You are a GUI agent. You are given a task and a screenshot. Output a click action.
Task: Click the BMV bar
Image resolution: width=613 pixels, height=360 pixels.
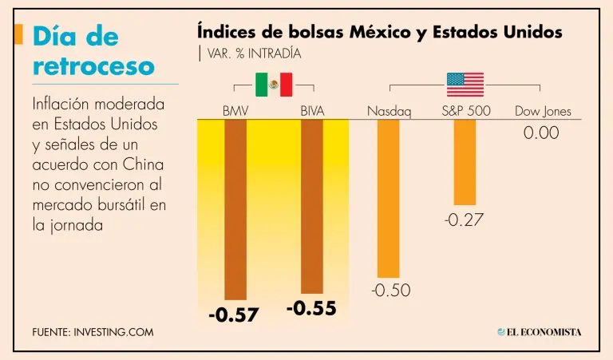(236, 209)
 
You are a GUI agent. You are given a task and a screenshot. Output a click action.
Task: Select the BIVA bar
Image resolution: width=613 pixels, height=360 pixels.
(312, 206)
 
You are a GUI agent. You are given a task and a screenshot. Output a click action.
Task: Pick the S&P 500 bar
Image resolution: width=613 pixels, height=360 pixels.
(465, 163)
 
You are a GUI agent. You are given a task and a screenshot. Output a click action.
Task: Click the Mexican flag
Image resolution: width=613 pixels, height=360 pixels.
(274, 84)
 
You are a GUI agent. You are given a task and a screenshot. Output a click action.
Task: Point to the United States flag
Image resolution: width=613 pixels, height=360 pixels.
(465, 84)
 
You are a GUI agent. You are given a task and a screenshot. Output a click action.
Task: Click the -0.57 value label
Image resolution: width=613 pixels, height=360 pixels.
(234, 315)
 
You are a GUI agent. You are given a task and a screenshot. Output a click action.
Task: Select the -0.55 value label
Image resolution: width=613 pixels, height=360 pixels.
(310, 308)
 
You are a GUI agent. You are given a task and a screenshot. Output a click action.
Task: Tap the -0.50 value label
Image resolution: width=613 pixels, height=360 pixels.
(390, 291)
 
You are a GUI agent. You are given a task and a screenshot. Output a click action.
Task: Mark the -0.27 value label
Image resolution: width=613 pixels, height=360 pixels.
(464, 219)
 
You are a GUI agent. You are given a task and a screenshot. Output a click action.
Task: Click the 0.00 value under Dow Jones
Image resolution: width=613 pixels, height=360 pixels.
(541, 133)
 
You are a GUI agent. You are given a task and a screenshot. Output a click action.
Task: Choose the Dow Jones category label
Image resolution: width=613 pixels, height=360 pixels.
(543, 111)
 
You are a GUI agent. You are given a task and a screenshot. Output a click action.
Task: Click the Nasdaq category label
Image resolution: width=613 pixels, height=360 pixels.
(389, 111)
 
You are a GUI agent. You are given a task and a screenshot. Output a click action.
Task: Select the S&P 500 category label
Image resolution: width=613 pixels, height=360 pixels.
(466, 111)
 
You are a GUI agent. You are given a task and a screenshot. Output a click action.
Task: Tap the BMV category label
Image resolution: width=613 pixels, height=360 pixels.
(236, 111)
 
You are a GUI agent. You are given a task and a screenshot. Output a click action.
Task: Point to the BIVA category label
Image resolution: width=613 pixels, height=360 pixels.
(312, 111)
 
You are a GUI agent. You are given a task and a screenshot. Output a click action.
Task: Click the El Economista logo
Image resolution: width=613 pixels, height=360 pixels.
(540, 331)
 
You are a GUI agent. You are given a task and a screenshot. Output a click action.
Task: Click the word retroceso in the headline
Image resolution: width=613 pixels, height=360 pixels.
(93, 66)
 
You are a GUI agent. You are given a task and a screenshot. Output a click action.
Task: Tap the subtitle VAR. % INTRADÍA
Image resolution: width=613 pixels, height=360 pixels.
(252, 53)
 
